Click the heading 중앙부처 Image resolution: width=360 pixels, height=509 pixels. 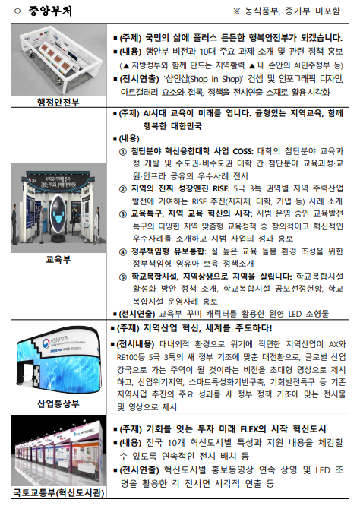[49, 11]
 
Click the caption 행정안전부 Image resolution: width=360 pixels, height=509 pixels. [58, 102]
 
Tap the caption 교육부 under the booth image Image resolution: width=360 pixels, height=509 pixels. [58, 259]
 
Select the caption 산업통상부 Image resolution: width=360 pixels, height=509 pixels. [58, 404]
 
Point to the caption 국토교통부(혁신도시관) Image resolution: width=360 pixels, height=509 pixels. [58, 492]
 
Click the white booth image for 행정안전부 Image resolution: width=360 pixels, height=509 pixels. [58, 60]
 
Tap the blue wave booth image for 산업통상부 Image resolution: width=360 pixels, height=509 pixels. [58, 360]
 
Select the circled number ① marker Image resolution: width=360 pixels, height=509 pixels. [123, 152]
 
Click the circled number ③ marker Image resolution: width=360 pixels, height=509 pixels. [123, 214]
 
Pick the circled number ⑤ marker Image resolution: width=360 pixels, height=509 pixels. [123, 277]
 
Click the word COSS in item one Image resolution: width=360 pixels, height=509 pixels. [243, 151]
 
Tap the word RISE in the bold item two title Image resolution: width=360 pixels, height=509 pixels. [221, 188]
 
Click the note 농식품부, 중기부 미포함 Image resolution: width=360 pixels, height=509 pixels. [292, 11]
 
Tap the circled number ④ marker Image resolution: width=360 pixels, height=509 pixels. [123, 252]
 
